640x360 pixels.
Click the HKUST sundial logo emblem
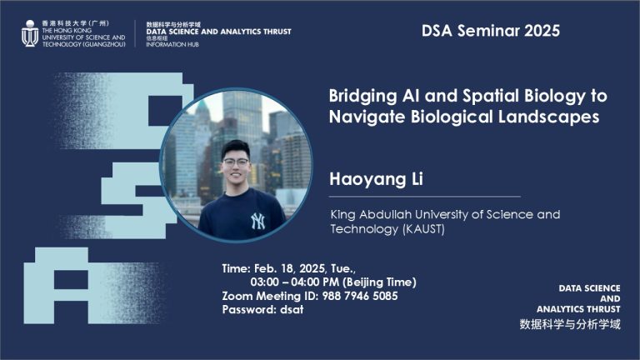pos(28,32)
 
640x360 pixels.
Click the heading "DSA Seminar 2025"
pos(491,31)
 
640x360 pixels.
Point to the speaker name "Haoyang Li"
pos(371,179)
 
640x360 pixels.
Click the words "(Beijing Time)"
pos(379,282)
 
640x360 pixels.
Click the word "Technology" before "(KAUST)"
pos(363,229)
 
